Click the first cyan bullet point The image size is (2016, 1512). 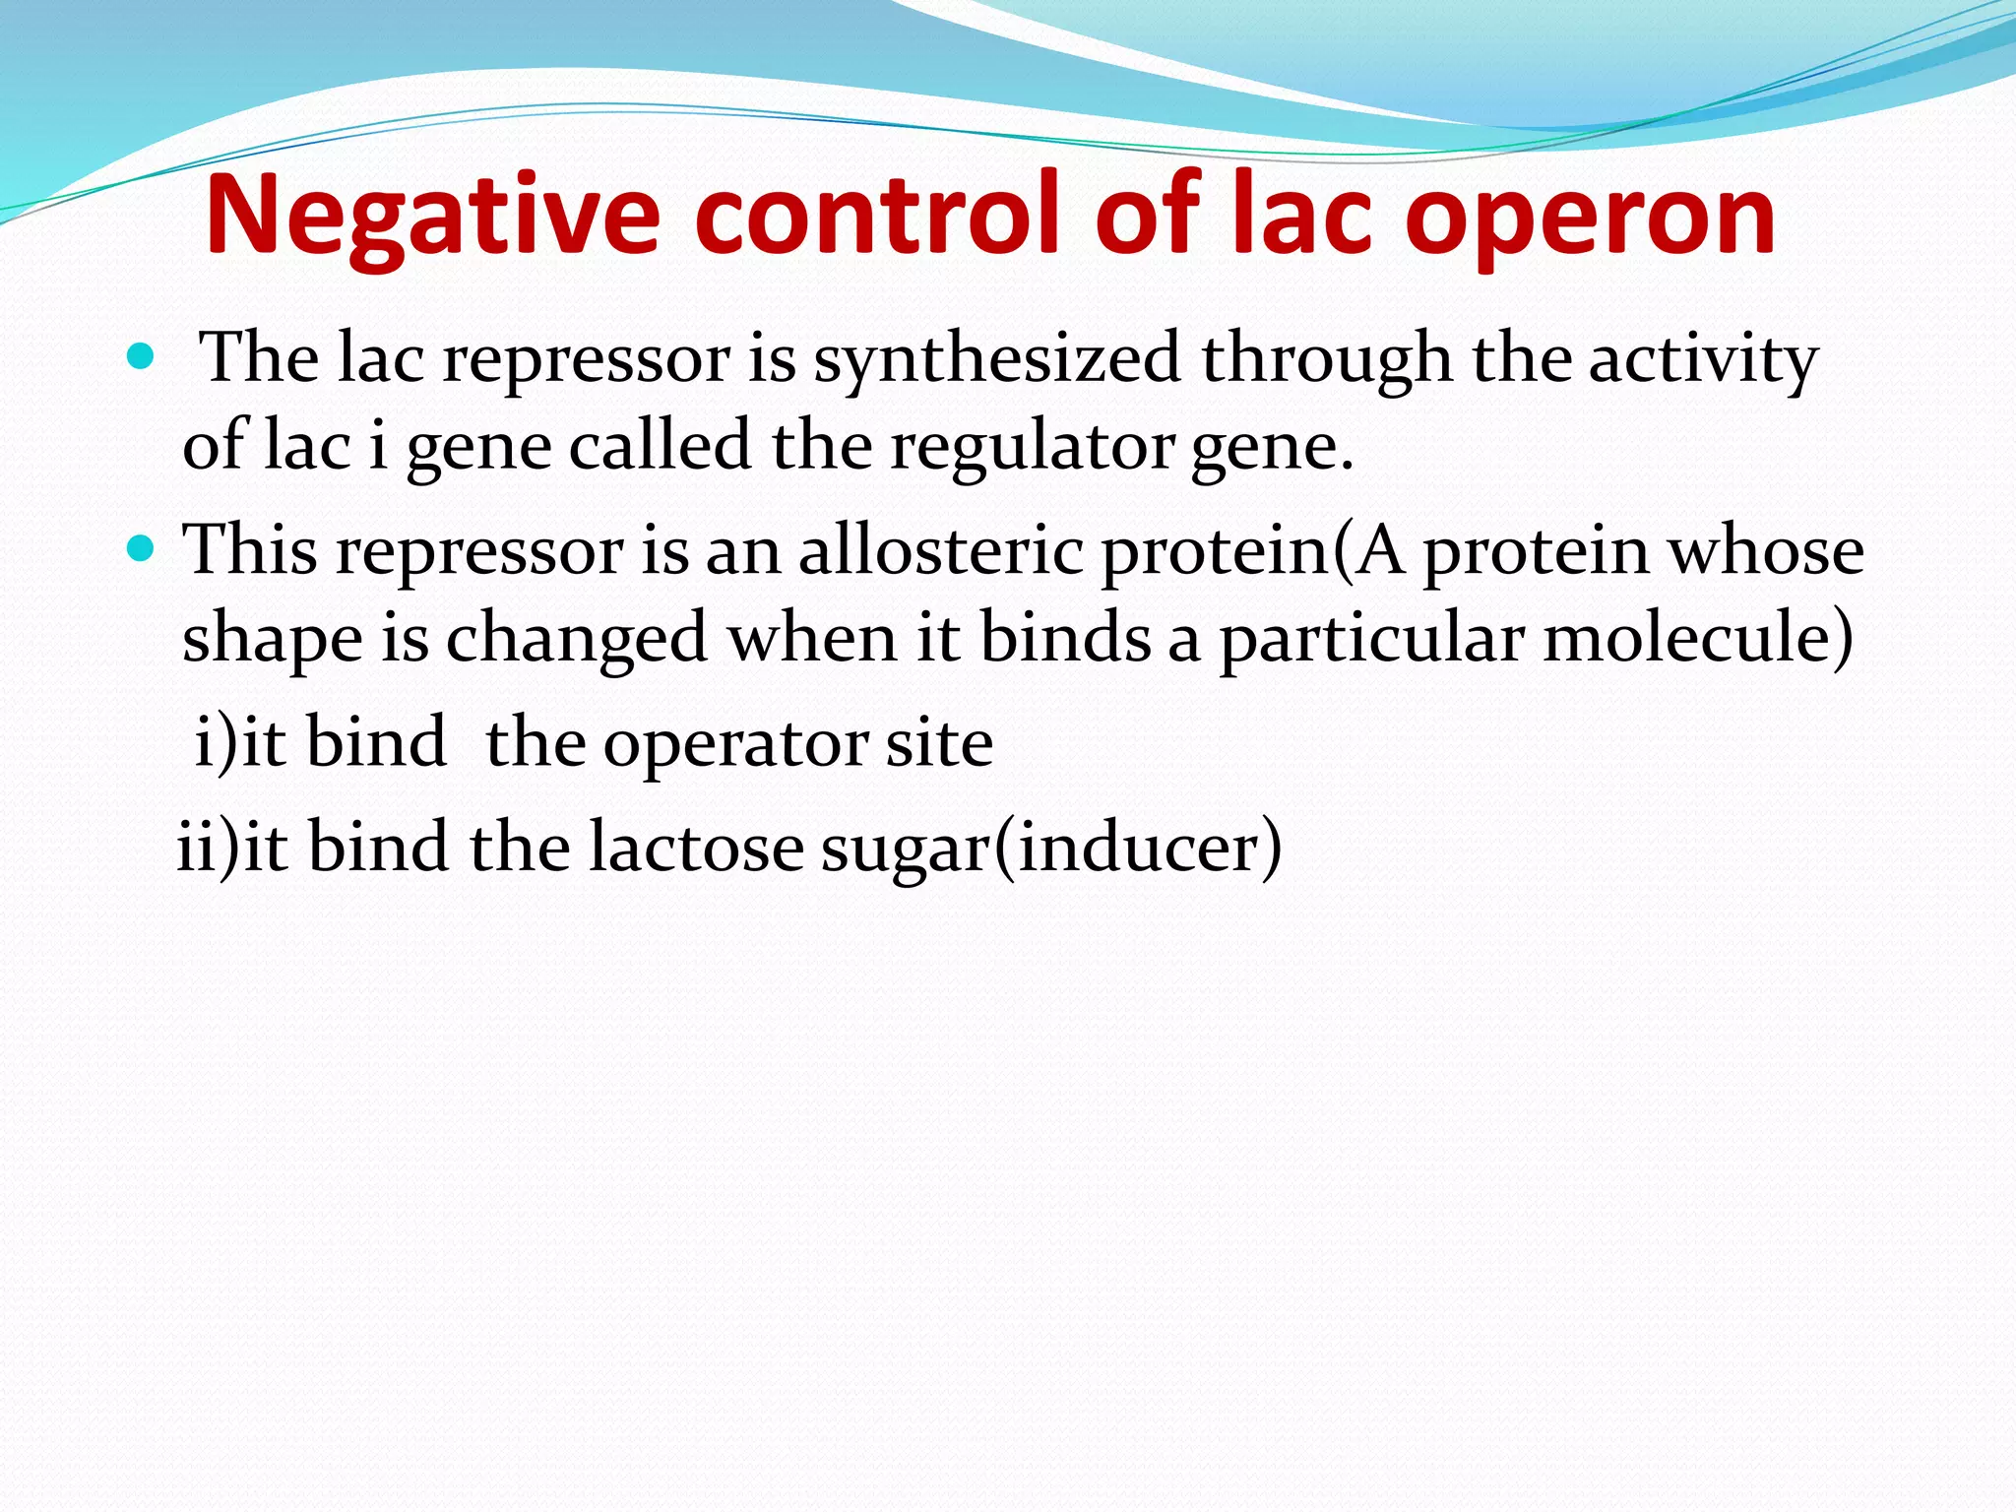(142, 356)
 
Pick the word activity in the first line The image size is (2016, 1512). (1703, 359)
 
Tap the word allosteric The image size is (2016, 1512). (940, 550)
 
